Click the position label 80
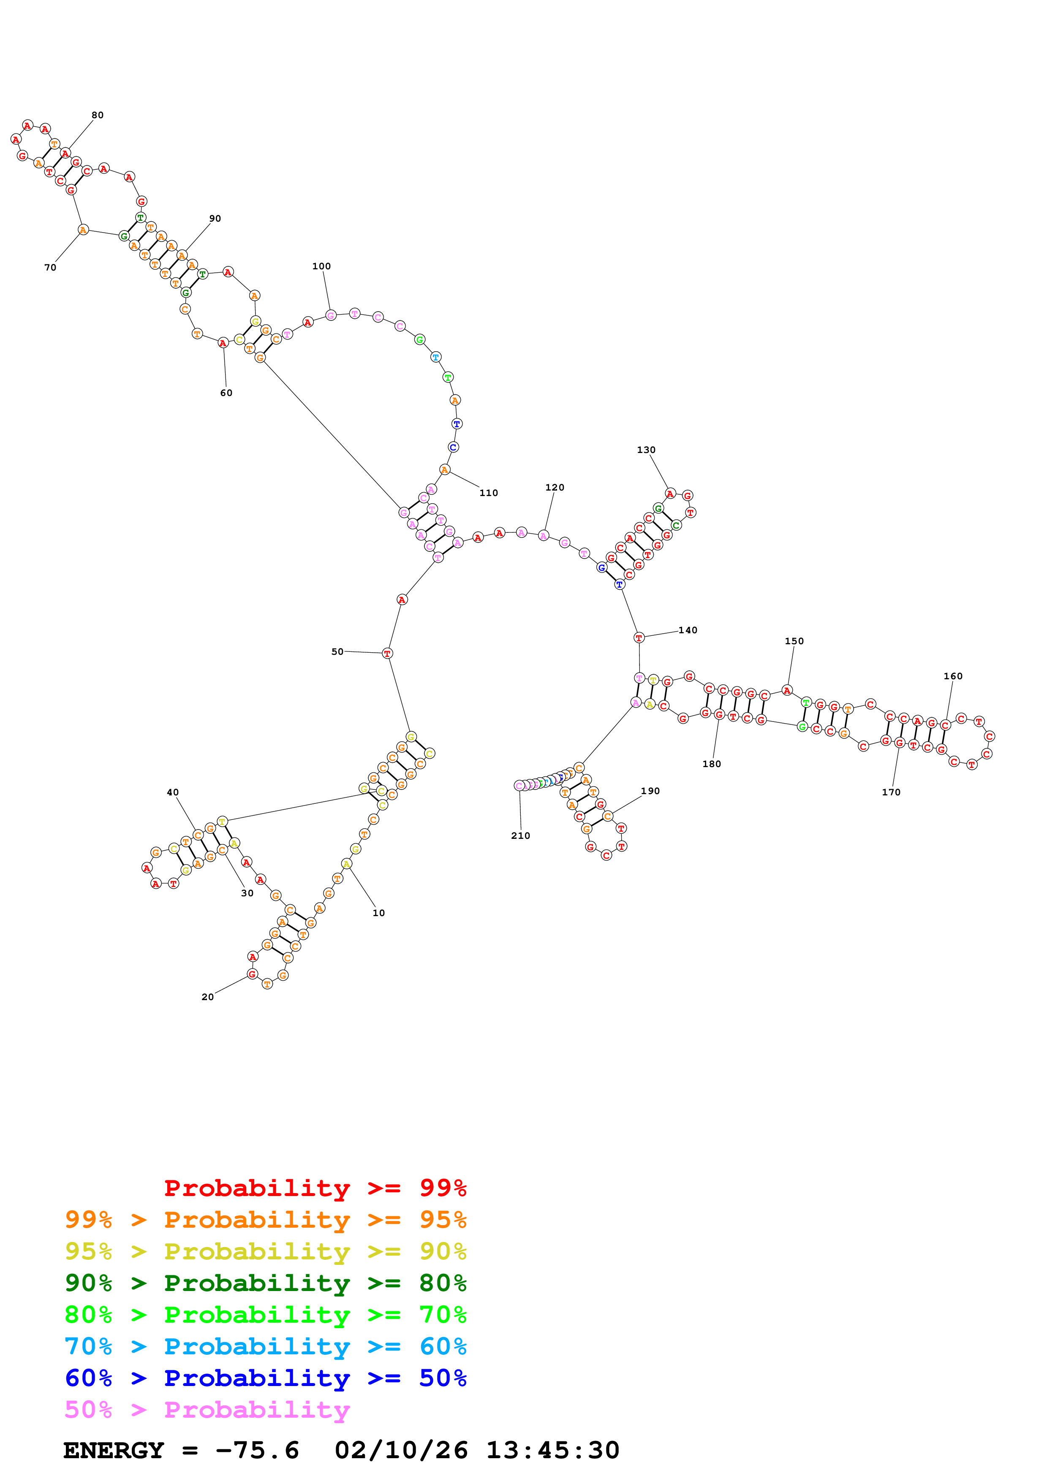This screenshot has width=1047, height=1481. pyautogui.click(x=98, y=115)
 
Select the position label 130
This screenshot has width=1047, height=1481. pyautogui.click(x=646, y=450)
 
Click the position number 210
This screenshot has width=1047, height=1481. pyautogui.click(x=521, y=836)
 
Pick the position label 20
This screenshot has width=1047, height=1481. pyautogui.click(x=208, y=997)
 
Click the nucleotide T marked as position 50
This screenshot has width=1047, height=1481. pyautogui.click(x=387, y=654)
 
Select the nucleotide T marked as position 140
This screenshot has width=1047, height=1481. pyautogui.click(x=639, y=638)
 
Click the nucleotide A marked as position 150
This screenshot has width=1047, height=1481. pyautogui.click(x=787, y=691)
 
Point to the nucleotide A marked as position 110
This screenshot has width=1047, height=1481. pyautogui.click(x=444, y=469)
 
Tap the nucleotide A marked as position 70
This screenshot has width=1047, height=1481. pyautogui.click(x=83, y=230)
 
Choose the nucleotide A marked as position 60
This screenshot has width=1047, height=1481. pyautogui.click(x=223, y=343)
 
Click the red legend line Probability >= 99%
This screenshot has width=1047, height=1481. pyautogui.click(x=315, y=1188)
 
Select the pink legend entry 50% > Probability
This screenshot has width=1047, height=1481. pyautogui.click(x=207, y=1409)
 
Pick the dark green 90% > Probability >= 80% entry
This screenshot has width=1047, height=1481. pyautogui.click(x=265, y=1282)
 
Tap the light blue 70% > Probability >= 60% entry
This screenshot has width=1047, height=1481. pyautogui.click(x=265, y=1346)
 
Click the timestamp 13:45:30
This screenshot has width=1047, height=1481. pyautogui.click(x=552, y=1451)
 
